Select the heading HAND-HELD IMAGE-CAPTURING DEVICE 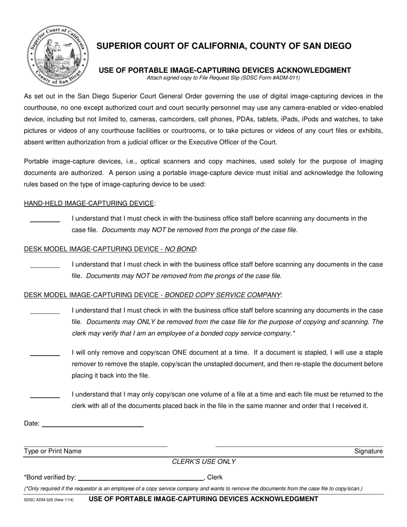(89, 203)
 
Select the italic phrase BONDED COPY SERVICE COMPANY (222, 295)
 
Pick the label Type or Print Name (53, 451)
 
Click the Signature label (368, 451)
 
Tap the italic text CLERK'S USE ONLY (203, 462)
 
